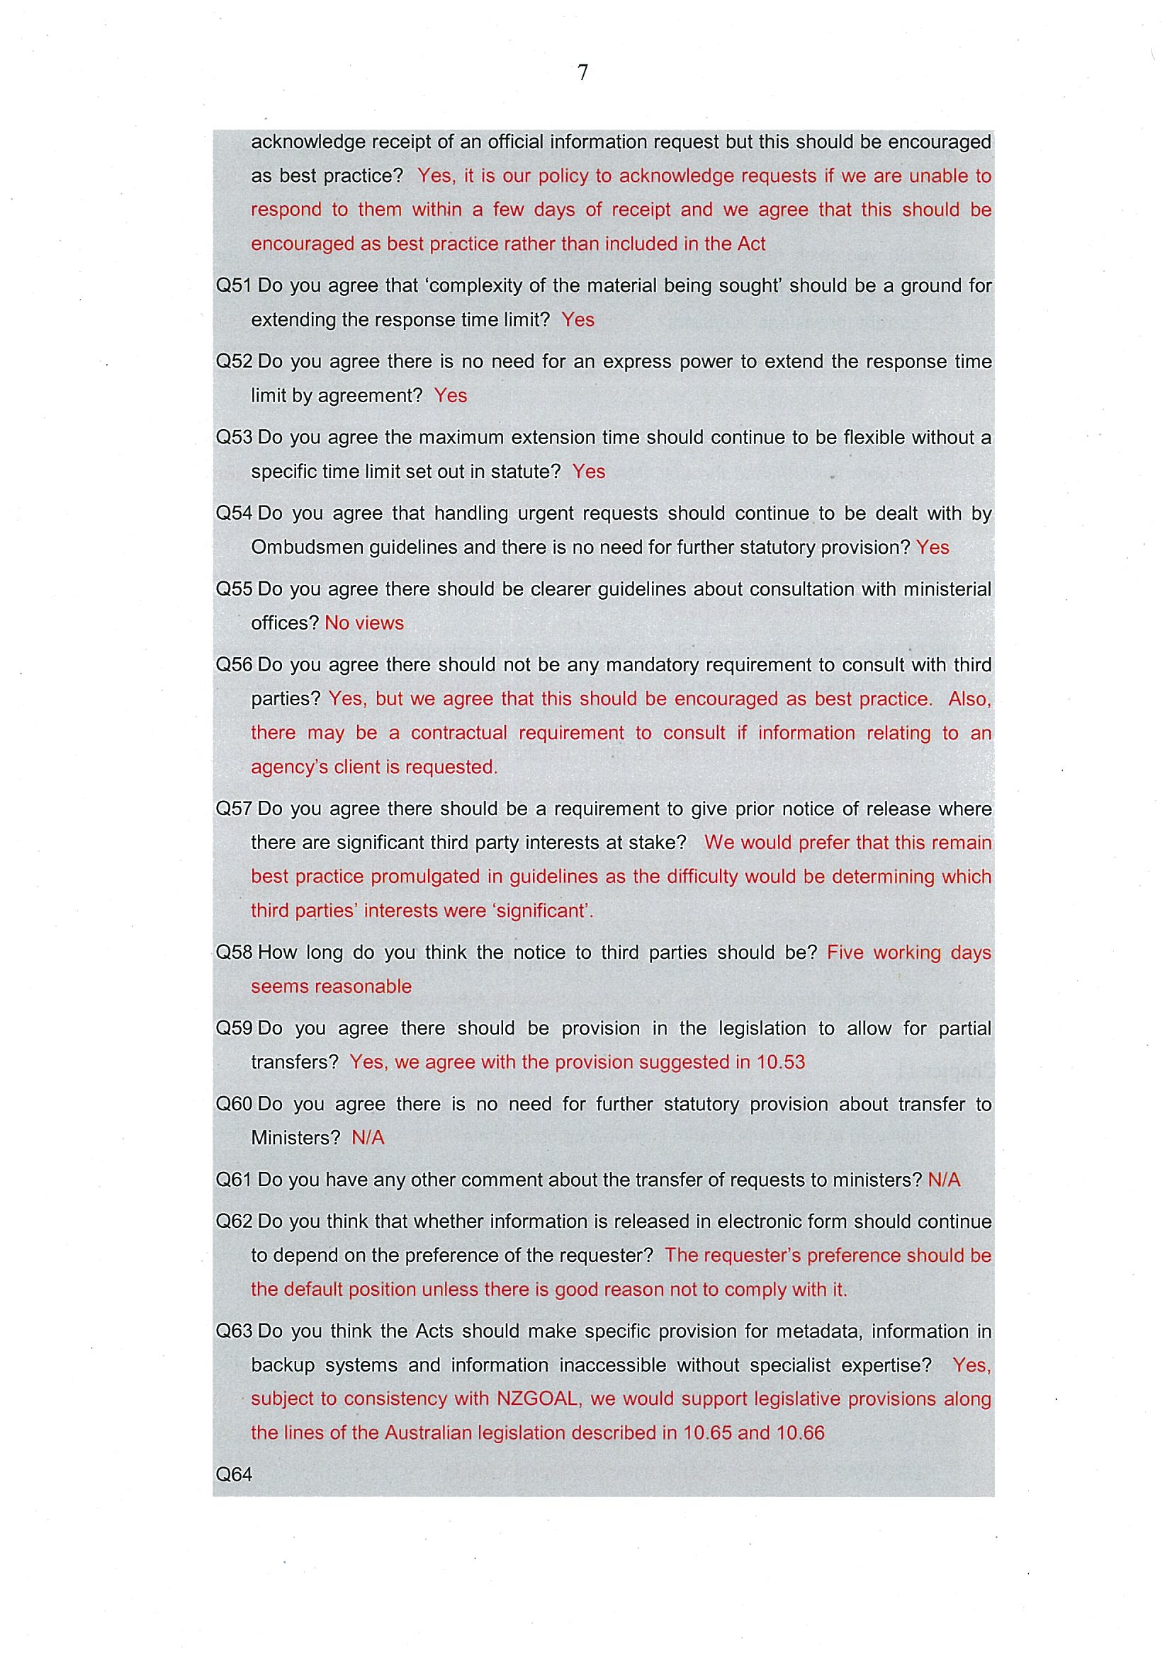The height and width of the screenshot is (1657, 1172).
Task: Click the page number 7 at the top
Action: coord(582,73)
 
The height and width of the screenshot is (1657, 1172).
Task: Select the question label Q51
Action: coord(233,286)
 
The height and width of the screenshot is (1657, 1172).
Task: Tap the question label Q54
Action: coord(233,513)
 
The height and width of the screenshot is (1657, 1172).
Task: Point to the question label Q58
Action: coord(233,952)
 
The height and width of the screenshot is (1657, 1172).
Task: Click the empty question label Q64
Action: coord(233,1474)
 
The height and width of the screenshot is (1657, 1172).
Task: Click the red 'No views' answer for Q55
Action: coord(364,623)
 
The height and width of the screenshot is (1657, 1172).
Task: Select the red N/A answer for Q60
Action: coord(368,1138)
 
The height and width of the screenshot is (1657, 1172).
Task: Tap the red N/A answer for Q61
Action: coord(944,1180)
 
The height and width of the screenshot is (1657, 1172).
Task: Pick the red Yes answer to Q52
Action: coord(451,396)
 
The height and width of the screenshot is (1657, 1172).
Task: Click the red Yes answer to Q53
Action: coord(589,472)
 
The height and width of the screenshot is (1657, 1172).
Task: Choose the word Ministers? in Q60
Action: coord(295,1138)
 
